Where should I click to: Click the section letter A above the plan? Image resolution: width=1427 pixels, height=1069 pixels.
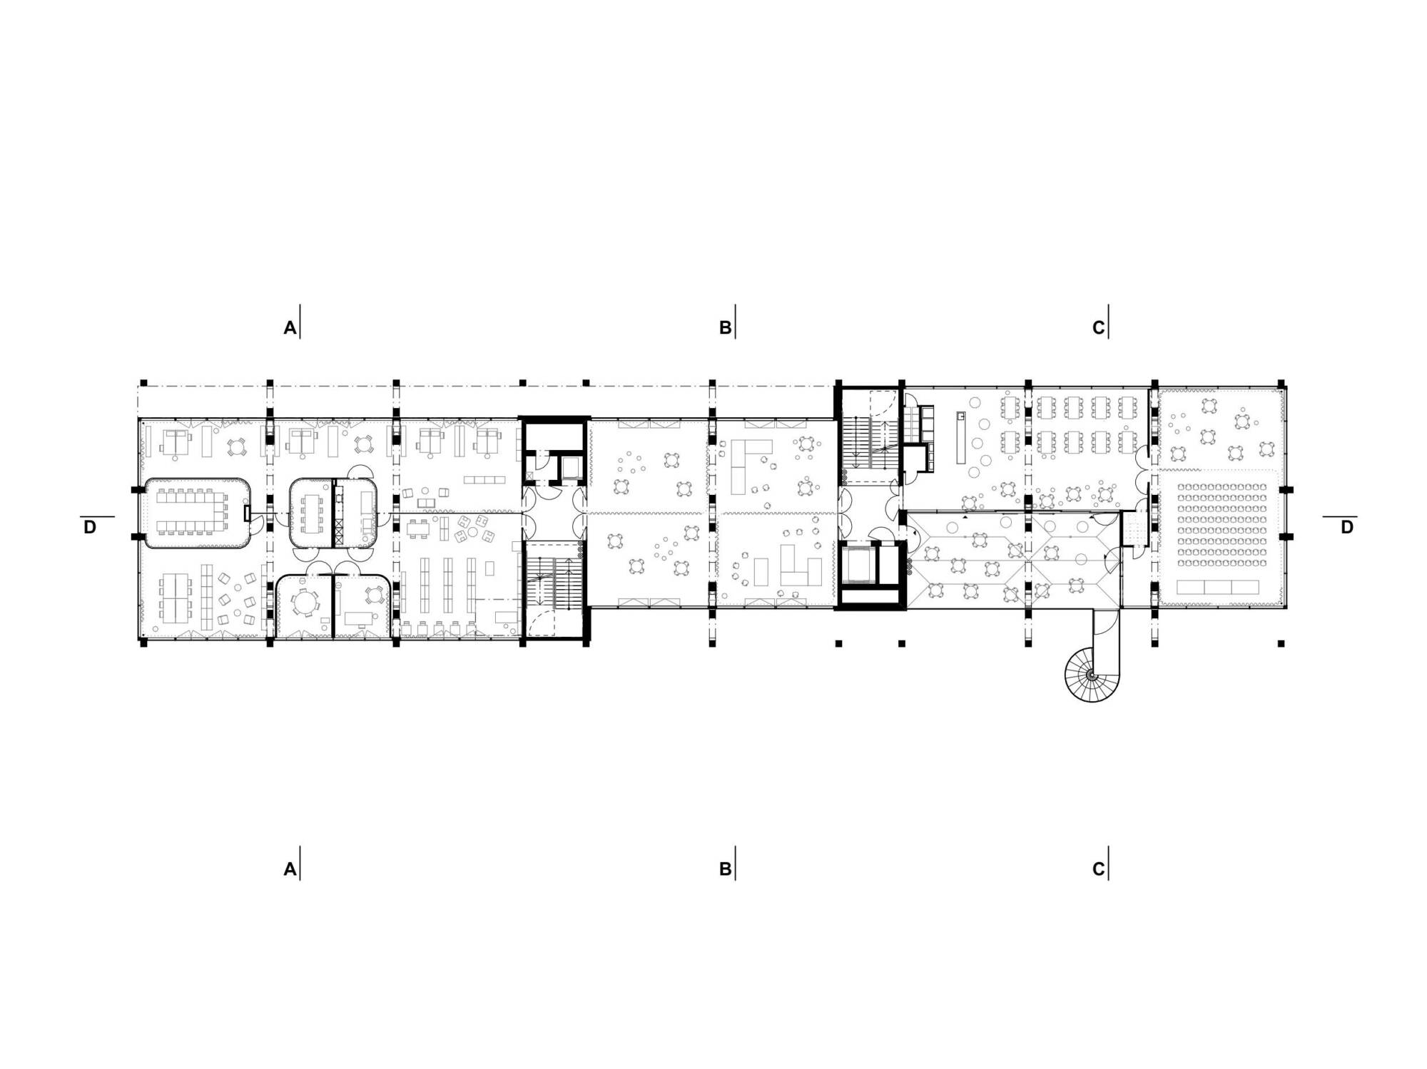pos(290,328)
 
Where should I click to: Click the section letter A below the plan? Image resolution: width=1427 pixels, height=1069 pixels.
pos(290,869)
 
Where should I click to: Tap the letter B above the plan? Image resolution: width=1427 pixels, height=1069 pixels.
pos(725,328)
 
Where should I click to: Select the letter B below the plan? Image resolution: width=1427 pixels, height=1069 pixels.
pos(725,869)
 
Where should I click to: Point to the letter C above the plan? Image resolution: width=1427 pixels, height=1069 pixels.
pos(1099,328)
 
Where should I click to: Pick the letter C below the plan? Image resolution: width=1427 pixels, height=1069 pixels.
pos(1099,869)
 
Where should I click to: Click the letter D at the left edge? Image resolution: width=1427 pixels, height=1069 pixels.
pos(90,528)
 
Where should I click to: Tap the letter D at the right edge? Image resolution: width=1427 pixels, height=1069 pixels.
pos(1346,528)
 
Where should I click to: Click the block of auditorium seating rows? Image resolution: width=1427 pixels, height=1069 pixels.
pos(1222,524)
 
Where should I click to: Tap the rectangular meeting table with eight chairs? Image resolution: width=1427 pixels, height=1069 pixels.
pos(313,512)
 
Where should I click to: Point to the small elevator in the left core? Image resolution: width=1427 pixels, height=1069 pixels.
pos(571,467)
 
